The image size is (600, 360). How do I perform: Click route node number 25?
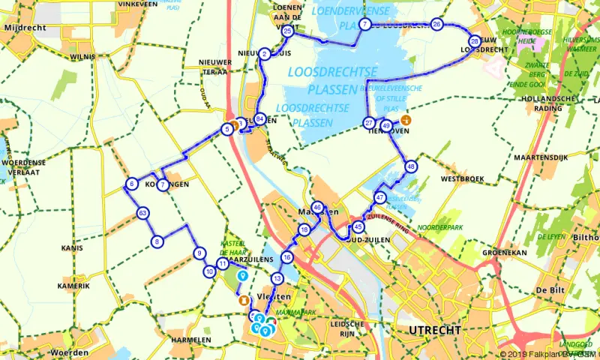click(x=287, y=31)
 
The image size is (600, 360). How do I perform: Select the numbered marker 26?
click(x=437, y=25)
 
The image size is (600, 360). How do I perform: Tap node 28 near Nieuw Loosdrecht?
click(x=474, y=41)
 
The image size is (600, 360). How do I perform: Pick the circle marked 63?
click(x=142, y=214)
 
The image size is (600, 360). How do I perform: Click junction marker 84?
click(x=259, y=118)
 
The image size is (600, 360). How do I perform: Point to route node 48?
click(x=410, y=166)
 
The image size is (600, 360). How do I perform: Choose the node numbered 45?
click(x=358, y=227)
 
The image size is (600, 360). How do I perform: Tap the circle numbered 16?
click(x=286, y=258)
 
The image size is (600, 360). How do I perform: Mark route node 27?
click(x=369, y=123)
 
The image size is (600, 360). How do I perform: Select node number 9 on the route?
click(x=199, y=253)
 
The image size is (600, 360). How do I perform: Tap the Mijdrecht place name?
click(x=25, y=27)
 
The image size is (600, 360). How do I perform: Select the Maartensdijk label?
click(x=538, y=157)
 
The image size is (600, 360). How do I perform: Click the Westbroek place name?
click(x=459, y=179)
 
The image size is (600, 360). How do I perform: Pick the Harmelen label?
click(x=191, y=340)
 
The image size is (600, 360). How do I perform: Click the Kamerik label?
click(x=76, y=286)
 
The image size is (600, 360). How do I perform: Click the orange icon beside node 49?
click(x=406, y=120)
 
